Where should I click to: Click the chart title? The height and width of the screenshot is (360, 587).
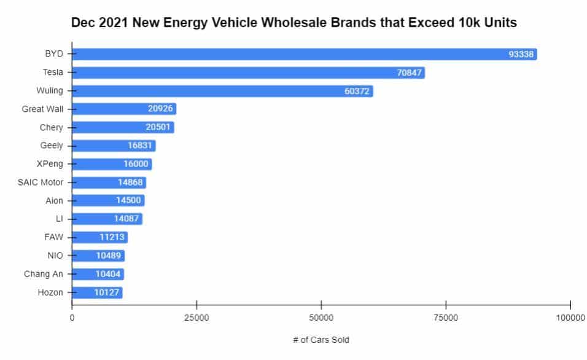[293, 23]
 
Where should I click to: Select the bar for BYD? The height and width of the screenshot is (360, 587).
[304, 54]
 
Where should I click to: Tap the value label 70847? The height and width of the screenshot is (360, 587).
[410, 72]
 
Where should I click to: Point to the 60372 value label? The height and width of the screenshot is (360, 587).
[357, 91]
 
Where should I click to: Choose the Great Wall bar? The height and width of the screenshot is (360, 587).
[124, 109]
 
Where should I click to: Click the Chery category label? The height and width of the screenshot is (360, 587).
[51, 128]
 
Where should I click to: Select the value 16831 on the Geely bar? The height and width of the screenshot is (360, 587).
[141, 146]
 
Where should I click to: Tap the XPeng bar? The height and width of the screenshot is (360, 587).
[112, 164]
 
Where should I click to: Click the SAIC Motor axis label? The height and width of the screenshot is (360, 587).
[41, 182]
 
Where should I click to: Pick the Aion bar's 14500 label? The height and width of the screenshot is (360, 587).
[129, 201]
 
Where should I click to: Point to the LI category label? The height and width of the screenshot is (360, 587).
[59, 219]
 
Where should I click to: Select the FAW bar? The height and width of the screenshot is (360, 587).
[99, 237]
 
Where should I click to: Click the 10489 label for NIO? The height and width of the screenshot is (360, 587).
[109, 256]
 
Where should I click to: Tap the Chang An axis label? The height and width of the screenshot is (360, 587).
[44, 274]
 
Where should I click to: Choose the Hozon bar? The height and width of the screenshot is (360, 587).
[97, 292]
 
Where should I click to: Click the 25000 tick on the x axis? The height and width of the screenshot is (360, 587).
[196, 318]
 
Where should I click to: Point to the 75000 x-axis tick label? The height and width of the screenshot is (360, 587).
[446, 318]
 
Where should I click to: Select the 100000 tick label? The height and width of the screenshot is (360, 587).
[570, 318]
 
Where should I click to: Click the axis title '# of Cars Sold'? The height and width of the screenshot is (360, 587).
[321, 340]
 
